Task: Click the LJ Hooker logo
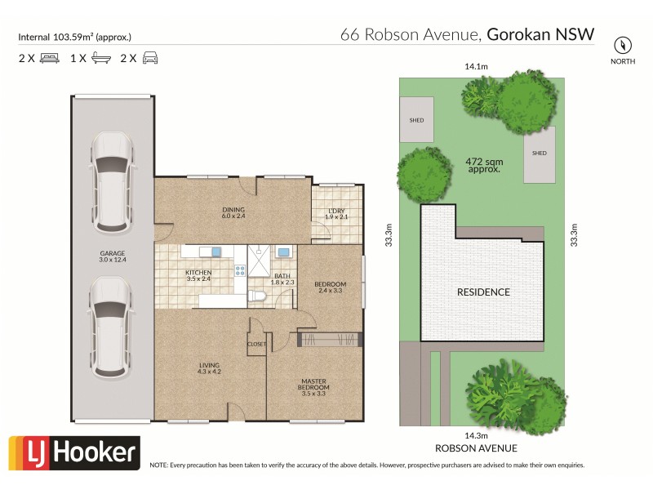coord(74,452)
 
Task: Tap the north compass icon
coord(624,45)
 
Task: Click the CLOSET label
coord(257,345)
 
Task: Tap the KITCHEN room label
coord(198,275)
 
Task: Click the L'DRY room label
coord(336,213)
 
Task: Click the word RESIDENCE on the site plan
coord(483,292)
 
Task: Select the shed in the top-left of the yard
coord(416,120)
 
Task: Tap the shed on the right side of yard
coord(539,154)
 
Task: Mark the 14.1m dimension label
coord(476,67)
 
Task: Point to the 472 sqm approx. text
coord(484,167)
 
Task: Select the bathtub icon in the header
coord(102,58)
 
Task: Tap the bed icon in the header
coord(50,58)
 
